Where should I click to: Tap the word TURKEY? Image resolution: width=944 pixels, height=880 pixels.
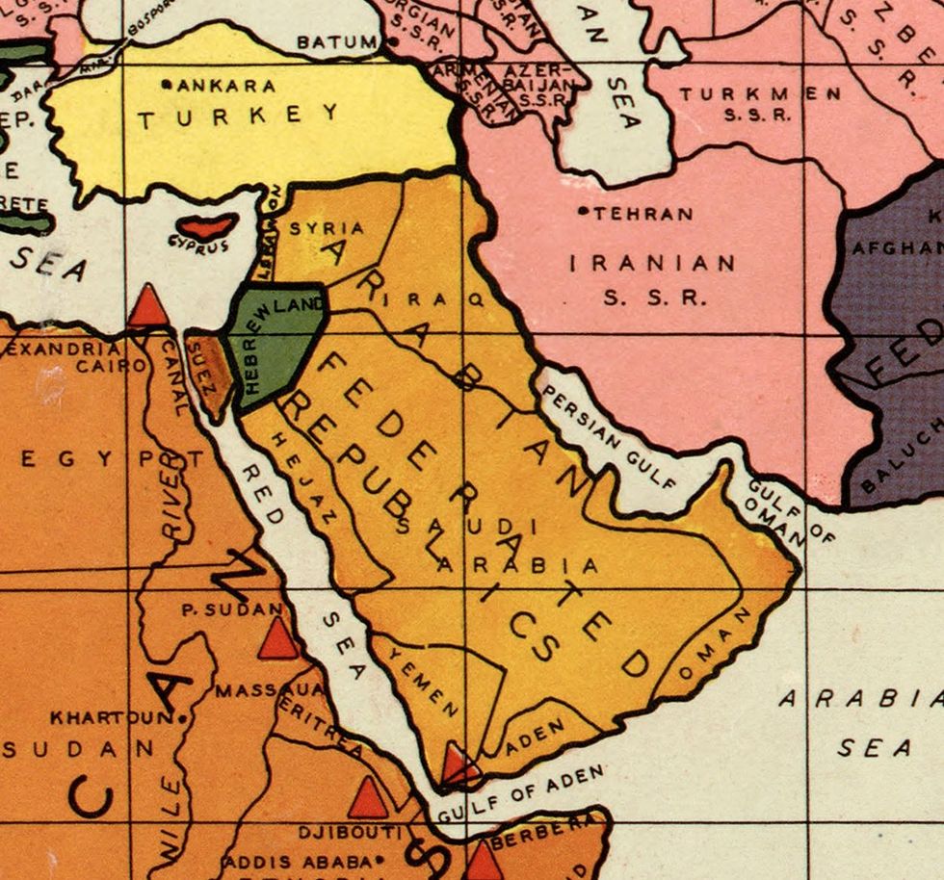(x=238, y=116)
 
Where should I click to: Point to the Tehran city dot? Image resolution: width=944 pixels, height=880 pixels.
(x=583, y=210)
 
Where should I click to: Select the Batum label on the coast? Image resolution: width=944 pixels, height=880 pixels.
(x=337, y=42)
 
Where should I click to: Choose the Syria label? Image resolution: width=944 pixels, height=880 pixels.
(x=328, y=229)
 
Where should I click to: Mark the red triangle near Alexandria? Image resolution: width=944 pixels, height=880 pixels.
(x=148, y=307)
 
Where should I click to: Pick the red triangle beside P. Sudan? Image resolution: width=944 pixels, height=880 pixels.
(x=277, y=640)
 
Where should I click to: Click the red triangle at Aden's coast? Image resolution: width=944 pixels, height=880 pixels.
(x=459, y=766)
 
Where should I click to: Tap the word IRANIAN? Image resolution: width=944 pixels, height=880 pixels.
(x=652, y=263)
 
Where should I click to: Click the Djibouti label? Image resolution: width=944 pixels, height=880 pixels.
(x=348, y=831)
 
